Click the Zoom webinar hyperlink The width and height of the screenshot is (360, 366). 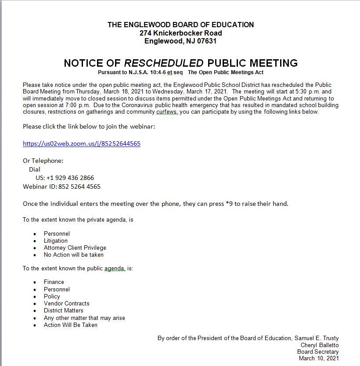[x=82, y=144]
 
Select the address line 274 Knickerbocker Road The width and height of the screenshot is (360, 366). [x=180, y=33]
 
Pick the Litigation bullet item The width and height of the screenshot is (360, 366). [x=56, y=240]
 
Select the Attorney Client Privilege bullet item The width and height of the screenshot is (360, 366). [x=75, y=248]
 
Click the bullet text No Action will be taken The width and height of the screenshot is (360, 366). [x=74, y=255]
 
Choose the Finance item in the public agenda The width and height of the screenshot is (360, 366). [x=54, y=282]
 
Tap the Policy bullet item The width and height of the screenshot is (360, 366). [x=52, y=296]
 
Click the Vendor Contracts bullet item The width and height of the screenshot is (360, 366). [x=66, y=303]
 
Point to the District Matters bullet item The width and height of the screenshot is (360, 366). [x=63, y=310]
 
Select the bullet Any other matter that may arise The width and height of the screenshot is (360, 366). [x=84, y=318]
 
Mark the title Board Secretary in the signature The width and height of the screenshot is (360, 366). [x=317, y=352]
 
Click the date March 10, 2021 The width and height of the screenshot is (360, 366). [x=319, y=358]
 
